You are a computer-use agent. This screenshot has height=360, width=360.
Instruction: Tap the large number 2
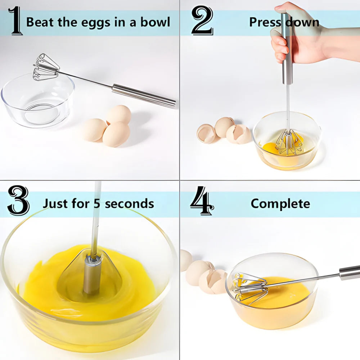click(202, 21)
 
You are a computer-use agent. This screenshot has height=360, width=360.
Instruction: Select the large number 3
click(18, 201)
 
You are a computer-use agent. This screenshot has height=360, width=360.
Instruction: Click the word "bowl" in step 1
click(155, 22)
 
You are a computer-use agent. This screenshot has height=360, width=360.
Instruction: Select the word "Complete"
click(280, 204)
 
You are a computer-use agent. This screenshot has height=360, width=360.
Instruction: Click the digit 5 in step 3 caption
click(97, 204)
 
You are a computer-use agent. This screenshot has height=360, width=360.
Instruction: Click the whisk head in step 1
click(46, 67)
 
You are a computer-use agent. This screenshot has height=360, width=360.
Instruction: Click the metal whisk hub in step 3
click(92, 274)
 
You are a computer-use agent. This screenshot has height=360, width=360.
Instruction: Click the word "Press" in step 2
click(265, 22)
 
